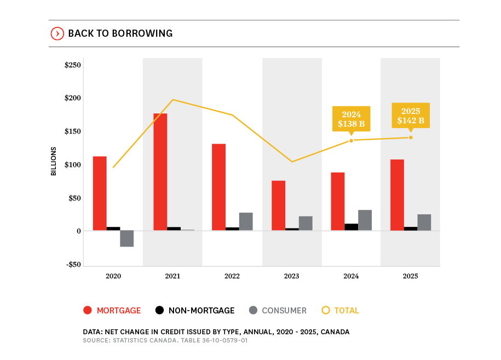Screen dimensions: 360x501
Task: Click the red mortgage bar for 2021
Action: [160, 172]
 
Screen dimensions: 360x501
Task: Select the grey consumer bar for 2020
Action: [127, 238]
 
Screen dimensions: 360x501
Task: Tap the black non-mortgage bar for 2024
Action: [352, 227]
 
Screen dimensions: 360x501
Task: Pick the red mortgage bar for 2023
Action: [278, 205]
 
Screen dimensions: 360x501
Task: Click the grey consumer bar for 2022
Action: [246, 221]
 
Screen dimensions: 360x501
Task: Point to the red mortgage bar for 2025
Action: [398, 195]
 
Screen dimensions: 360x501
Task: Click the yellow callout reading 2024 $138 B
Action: [352, 119]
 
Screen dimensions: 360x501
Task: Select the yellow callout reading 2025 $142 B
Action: [411, 116]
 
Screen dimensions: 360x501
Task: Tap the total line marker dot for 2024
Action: [352, 141]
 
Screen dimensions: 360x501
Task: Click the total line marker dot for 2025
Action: [411, 138]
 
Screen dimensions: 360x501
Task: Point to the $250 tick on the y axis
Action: [73, 65]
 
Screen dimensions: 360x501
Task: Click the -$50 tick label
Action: [73, 265]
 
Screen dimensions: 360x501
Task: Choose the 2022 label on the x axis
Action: [232, 276]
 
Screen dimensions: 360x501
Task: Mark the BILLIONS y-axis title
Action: [54, 161]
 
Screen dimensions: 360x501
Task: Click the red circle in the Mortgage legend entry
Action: [87, 310]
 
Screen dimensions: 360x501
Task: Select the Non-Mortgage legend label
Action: [201, 311]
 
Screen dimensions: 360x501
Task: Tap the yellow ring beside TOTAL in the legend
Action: [326, 310]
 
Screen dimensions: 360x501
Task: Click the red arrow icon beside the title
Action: [57, 33]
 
